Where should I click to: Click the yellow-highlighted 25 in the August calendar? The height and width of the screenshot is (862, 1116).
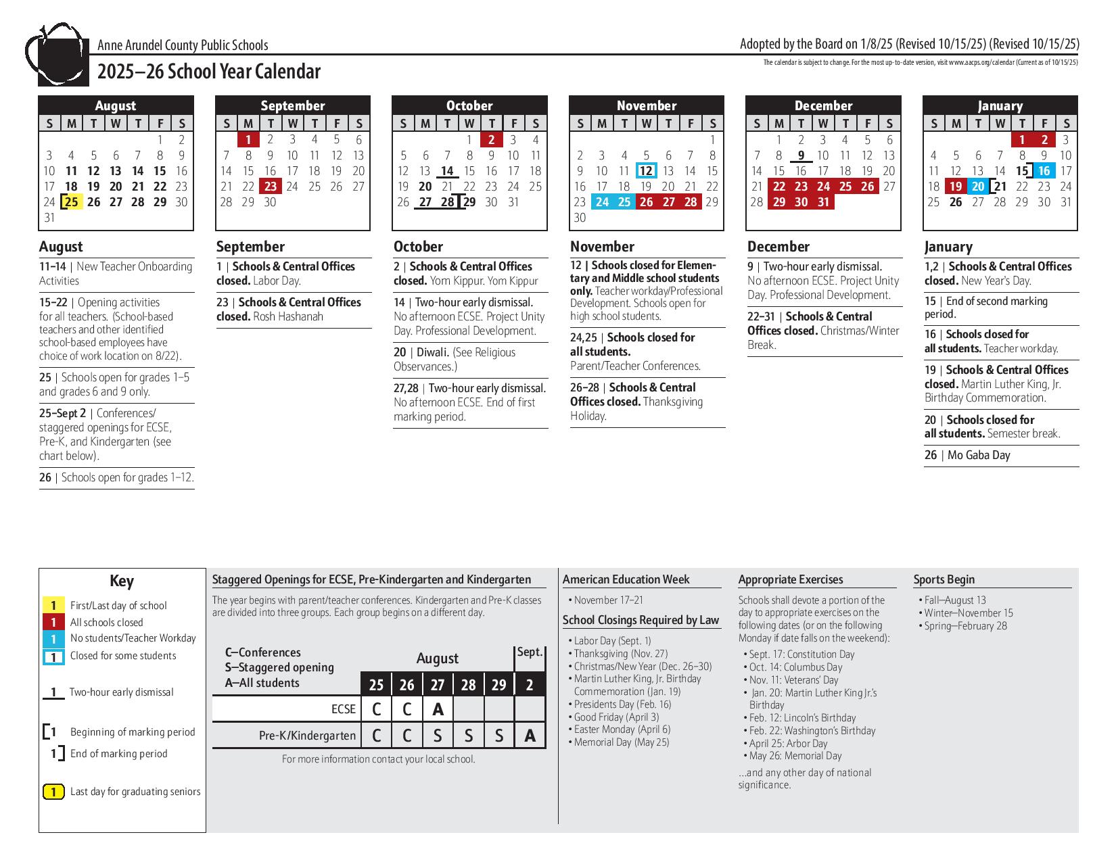[72, 202]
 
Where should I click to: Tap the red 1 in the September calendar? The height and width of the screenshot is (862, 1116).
[248, 140]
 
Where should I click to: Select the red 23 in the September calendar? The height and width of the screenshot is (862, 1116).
[271, 187]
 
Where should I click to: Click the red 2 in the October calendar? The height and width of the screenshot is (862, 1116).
[492, 140]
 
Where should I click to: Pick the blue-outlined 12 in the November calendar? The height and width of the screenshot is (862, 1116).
[646, 171]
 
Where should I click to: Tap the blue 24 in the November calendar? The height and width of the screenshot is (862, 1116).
[602, 202]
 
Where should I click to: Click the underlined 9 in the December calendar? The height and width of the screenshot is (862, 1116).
[801, 155]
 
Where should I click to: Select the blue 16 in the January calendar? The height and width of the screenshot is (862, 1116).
[1044, 171]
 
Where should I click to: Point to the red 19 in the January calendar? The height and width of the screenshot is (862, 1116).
[956, 187]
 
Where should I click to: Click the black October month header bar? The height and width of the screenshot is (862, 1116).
[469, 105]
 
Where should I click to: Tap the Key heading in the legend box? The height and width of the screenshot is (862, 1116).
[122, 581]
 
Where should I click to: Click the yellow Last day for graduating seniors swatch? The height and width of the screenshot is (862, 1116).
[53, 792]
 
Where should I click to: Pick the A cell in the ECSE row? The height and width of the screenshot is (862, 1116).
[438, 709]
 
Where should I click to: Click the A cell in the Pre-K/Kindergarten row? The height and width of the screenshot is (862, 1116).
[530, 736]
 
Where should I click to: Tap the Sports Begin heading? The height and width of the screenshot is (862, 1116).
[944, 579]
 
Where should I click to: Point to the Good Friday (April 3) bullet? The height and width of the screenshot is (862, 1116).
[615, 717]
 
